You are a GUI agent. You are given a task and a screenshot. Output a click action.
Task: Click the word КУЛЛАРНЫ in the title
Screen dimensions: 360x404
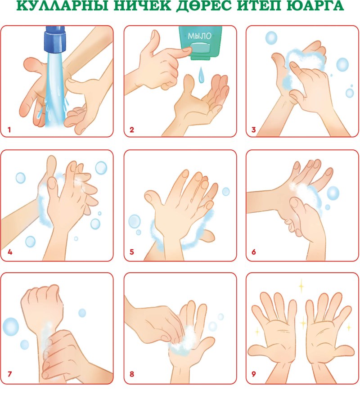point(62,5)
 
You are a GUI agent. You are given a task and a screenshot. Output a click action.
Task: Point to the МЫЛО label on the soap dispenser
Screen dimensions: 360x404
point(199,36)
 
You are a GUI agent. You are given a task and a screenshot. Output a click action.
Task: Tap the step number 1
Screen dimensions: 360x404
point(9,130)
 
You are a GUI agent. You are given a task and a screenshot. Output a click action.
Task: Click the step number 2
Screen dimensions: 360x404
point(132,130)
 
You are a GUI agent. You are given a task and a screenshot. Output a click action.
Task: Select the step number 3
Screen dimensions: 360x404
point(253,130)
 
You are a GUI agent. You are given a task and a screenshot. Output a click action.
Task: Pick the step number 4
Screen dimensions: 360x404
point(10,252)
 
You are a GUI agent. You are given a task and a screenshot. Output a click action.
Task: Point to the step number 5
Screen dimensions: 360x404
point(132,252)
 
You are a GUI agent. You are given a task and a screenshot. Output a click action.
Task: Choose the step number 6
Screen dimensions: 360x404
point(253,252)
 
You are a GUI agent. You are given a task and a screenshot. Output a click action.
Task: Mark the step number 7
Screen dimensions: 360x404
point(10,374)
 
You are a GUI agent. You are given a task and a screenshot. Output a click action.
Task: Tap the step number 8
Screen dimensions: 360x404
point(132,374)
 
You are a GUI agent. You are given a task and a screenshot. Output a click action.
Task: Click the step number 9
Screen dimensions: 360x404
point(253,374)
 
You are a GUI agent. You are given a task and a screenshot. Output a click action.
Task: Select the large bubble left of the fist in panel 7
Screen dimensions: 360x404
point(11,327)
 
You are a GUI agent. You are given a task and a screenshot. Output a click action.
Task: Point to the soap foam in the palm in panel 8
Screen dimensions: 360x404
point(185,341)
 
